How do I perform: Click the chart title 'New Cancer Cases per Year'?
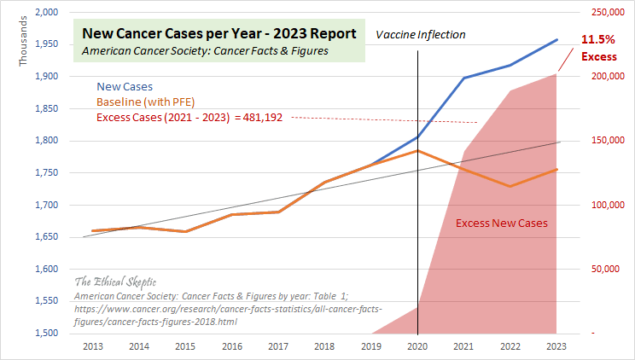click(219, 34)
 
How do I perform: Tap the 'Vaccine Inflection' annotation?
click(421, 35)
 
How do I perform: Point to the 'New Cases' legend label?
click(125, 86)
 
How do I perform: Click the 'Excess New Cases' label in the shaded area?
click(501, 224)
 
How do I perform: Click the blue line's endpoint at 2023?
click(557, 39)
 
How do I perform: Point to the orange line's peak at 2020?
click(418, 151)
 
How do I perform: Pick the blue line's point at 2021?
click(464, 78)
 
